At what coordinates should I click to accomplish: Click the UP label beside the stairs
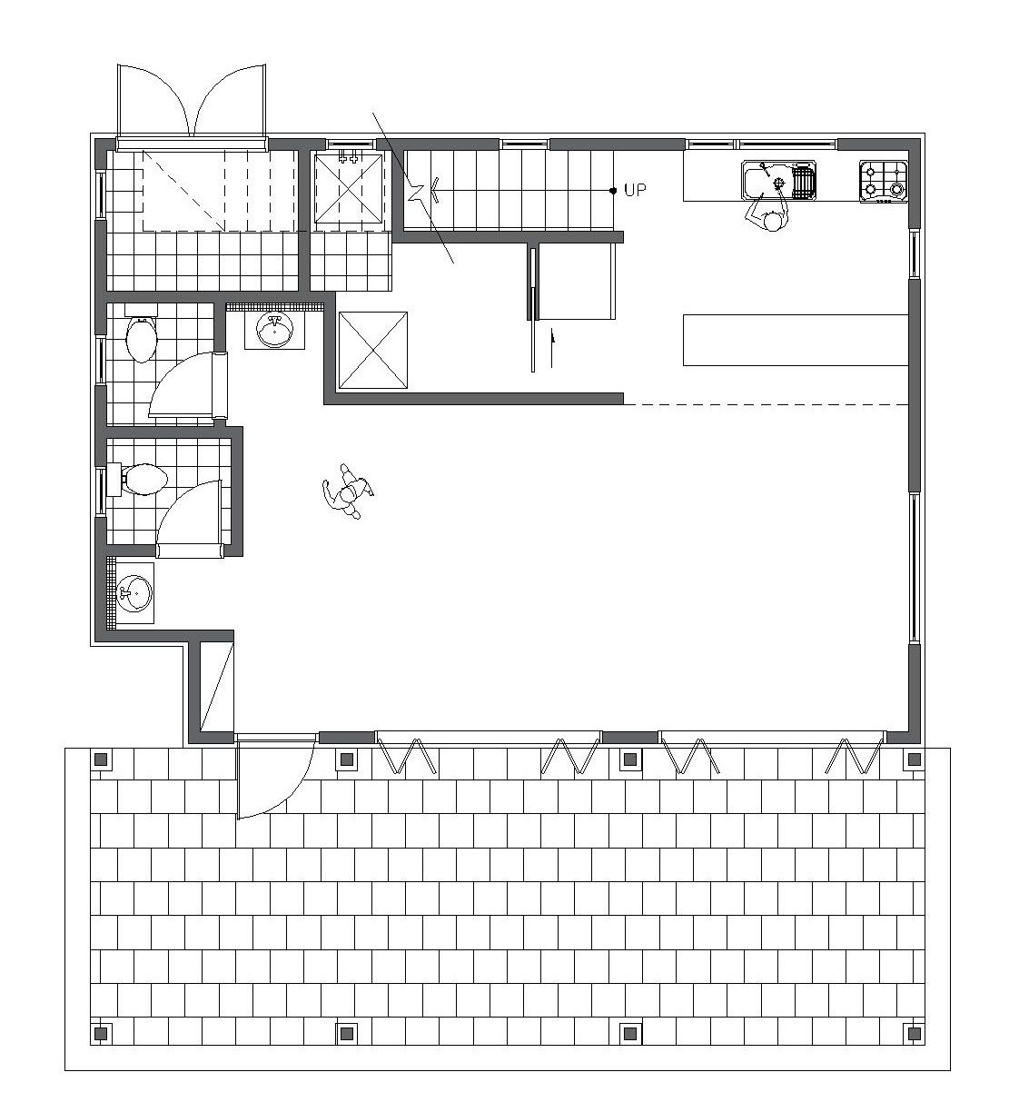635,190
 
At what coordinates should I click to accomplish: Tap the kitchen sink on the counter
779,180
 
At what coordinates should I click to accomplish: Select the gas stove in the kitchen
884,182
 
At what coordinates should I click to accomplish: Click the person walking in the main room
348,491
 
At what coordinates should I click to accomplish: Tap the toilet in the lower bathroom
139,479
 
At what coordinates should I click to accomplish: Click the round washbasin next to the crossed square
274,332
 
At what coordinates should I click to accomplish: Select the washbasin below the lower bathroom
134,593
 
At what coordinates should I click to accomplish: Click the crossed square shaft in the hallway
372,351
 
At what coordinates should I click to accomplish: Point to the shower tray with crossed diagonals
349,188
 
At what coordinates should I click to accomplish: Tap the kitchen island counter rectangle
796,340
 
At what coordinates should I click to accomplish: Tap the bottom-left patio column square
101,1033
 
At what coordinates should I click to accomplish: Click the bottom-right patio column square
915,1033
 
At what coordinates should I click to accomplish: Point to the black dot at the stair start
613,191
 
